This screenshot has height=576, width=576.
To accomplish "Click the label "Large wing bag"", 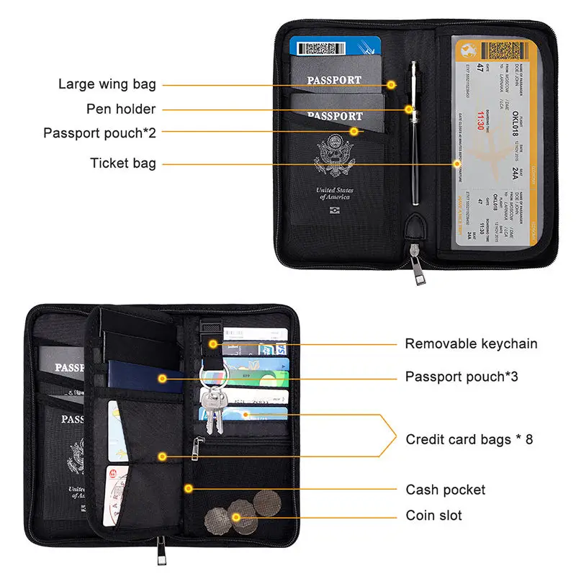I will (x=107, y=85).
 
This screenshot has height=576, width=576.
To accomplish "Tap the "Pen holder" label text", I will (x=121, y=109).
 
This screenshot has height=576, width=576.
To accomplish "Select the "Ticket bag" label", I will (x=122, y=163).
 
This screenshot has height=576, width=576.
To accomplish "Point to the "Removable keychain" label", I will (x=471, y=343).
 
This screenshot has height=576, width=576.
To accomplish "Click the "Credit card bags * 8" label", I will (x=469, y=439).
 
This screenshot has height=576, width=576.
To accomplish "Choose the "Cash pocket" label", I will (x=446, y=490).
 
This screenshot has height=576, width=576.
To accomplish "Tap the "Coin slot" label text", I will (x=433, y=516).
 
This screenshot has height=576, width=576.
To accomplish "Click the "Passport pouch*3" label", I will (x=462, y=377).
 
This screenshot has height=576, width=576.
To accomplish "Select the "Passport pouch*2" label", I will (x=99, y=133).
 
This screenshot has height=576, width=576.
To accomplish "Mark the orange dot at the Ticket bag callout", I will (x=456, y=163).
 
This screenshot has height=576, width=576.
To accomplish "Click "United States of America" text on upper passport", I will (x=333, y=194).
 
